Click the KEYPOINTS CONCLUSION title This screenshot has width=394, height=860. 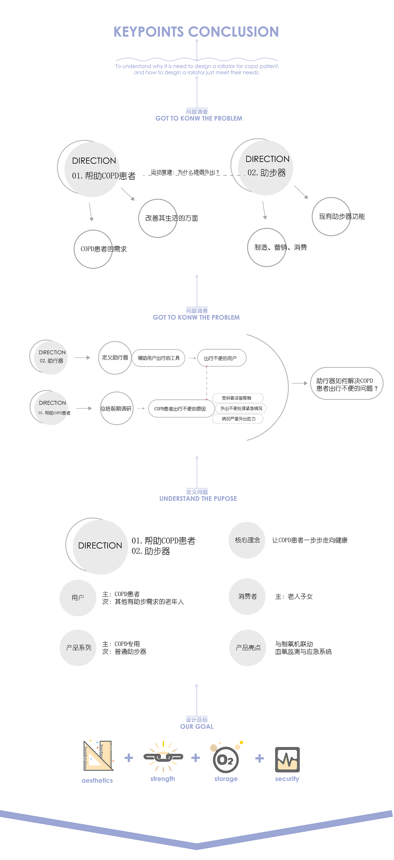(196, 32)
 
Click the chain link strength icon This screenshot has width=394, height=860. (163, 757)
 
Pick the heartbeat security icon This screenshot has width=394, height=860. (287, 759)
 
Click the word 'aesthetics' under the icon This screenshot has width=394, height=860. (97, 780)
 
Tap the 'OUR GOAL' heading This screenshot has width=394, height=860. (197, 726)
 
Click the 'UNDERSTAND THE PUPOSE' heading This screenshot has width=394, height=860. (198, 498)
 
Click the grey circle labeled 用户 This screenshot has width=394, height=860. (78, 597)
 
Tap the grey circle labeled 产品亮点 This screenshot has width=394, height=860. (248, 648)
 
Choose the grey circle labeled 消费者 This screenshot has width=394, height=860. (247, 596)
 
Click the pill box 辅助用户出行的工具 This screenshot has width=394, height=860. (158, 358)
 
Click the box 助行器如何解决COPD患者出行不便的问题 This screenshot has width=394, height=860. (347, 384)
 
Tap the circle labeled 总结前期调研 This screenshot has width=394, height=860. (117, 408)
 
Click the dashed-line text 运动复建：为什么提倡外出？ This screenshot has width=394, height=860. (185, 172)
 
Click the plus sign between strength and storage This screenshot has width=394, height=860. (196, 758)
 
